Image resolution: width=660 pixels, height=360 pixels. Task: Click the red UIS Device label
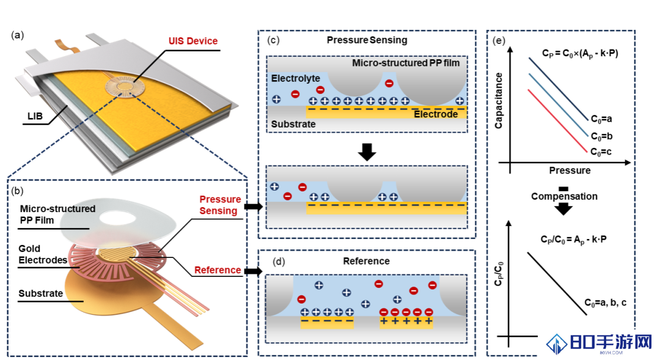[193, 41]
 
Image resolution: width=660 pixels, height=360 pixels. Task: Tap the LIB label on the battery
[35, 116]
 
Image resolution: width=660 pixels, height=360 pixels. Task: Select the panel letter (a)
[17, 35]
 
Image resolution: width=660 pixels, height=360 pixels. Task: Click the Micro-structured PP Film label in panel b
[57, 215]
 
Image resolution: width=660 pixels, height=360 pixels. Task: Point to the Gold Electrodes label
[43, 254]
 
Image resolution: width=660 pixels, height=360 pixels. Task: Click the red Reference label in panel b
[218, 270]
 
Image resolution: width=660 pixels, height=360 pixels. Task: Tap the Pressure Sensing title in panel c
[367, 40]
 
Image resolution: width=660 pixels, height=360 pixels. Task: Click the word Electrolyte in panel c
[296, 78]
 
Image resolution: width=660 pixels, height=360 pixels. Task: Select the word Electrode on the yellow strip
[436, 114]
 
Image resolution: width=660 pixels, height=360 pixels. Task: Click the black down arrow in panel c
[367, 152]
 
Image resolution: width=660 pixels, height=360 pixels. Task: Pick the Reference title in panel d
[366, 261]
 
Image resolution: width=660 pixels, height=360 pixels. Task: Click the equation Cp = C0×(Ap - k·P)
[580, 54]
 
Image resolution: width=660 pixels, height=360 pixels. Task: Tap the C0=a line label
[601, 119]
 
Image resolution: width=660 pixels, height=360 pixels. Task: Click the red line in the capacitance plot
[557, 121]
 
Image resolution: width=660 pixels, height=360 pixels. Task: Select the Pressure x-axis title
[570, 171]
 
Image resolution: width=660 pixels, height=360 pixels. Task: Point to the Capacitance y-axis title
[499, 101]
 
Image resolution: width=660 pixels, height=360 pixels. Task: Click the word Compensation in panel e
[564, 196]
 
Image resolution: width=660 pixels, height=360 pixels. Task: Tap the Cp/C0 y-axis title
[499, 274]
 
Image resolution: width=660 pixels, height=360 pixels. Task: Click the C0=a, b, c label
[605, 303]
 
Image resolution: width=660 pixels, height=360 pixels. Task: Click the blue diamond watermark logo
[557, 344]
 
